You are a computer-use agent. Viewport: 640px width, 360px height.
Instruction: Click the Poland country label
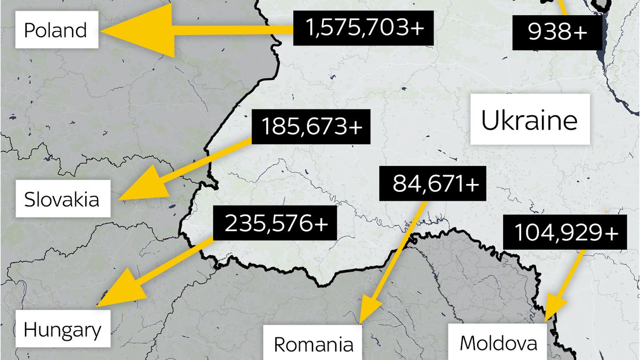[x=56, y=30]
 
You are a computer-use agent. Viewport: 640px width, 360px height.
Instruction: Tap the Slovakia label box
[x=63, y=199]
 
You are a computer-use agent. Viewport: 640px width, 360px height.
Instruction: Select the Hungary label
[x=63, y=329]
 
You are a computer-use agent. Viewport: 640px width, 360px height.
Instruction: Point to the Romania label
[x=313, y=343]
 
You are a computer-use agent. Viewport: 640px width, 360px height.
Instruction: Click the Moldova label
[x=498, y=342]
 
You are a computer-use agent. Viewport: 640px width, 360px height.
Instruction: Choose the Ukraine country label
[x=530, y=120]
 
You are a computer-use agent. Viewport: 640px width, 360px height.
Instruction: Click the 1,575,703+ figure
[x=363, y=28]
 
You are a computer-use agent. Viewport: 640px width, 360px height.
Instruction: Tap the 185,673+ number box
[x=311, y=126]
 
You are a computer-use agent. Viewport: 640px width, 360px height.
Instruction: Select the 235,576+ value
[x=275, y=223]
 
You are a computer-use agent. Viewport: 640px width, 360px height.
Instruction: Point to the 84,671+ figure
[x=433, y=184]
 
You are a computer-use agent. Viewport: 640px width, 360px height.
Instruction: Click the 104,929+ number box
[x=565, y=232]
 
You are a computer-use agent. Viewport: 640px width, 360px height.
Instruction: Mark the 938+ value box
[x=557, y=32]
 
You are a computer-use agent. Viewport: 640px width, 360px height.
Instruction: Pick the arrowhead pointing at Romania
[x=368, y=310]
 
